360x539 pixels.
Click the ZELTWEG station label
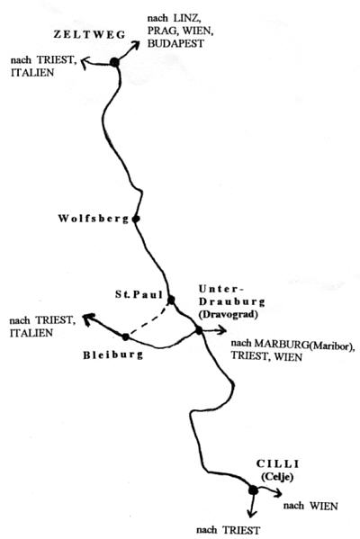(89, 35)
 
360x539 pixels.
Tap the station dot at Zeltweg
(114, 62)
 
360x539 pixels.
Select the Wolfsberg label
(94, 219)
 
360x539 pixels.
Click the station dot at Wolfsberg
(136, 219)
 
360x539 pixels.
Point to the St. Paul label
(139, 294)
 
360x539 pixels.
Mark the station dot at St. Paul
(171, 300)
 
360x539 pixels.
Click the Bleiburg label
(112, 355)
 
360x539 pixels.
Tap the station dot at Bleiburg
(125, 337)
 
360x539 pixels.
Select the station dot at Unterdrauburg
(199, 330)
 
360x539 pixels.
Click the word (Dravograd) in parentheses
(228, 315)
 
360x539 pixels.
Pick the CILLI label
(277, 463)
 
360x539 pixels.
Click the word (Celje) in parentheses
(277, 477)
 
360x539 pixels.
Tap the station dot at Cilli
(253, 490)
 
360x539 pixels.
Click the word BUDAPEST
(175, 44)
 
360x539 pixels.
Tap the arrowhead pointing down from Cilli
(252, 513)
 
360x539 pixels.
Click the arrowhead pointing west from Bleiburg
(88, 319)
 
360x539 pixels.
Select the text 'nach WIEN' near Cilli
(310, 506)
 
